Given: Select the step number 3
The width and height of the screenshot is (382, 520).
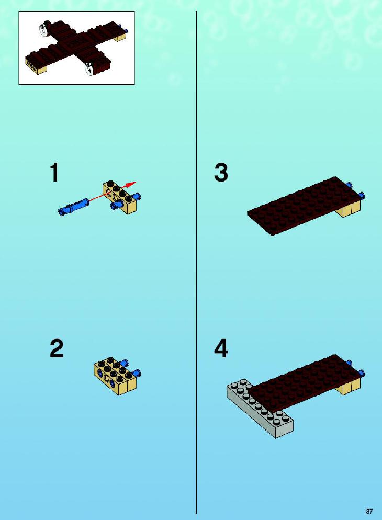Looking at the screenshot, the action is point(221,173).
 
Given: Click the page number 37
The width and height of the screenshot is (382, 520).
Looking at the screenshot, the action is point(369,511).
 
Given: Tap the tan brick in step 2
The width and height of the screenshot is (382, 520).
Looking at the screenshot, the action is point(115,377).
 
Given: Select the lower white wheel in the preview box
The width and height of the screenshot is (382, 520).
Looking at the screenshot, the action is point(90,69).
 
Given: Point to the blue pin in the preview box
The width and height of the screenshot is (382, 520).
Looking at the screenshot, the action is point(125,30).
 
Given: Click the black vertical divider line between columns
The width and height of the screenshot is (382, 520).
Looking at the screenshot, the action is point(196,262).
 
